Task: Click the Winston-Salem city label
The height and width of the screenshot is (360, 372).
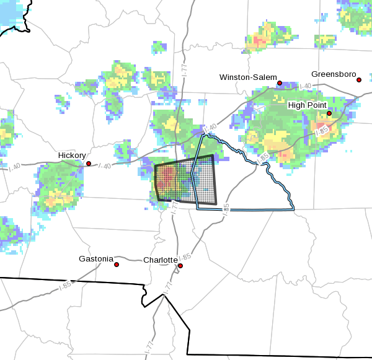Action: [x=248, y=77]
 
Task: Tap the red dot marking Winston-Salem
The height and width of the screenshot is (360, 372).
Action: [x=280, y=83]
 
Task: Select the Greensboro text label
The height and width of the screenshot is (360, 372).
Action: [x=334, y=74]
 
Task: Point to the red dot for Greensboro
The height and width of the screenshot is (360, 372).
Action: [x=359, y=80]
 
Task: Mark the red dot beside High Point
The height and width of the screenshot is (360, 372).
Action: [x=329, y=113]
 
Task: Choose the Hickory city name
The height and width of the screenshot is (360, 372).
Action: [x=72, y=155]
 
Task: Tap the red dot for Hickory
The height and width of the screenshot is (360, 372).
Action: [x=89, y=164]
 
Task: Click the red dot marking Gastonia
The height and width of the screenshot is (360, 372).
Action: [x=116, y=265]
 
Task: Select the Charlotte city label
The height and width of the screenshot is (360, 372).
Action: [x=161, y=260]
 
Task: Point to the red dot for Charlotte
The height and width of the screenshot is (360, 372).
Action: [x=180, y=266]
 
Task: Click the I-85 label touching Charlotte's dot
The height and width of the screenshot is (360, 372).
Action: [x=185, y=257]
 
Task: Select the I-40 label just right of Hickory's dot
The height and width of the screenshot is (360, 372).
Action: [x=106, y=165]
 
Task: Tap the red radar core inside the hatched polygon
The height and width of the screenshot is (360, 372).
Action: [x=165, y=180]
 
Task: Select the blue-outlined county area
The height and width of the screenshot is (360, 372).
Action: [x=248, y=186]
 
